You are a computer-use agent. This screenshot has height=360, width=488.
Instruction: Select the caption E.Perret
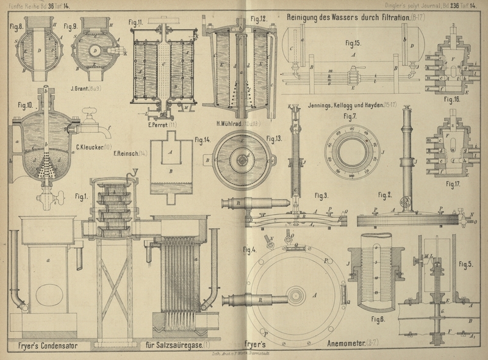(x=157, y=126)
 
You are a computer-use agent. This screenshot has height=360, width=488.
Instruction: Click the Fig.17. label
(x=452, y=182)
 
